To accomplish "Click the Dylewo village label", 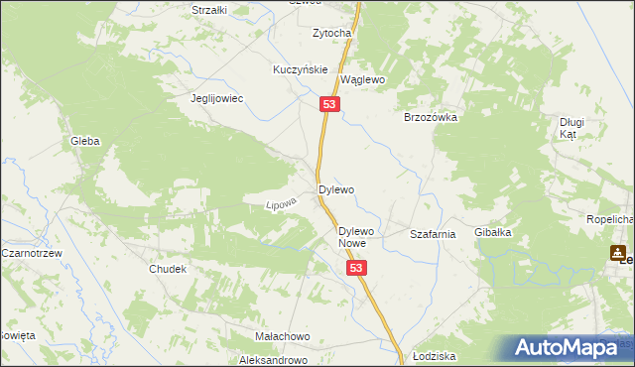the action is pyautogui.click(x=335, y=188).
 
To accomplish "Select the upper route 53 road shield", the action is pyautogui.click(x=329, y=104).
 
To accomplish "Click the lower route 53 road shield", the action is pyautogui.click(x=357, y=268).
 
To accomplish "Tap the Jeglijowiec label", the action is pyautogui.click(x=217, y=99).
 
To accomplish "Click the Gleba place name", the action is pyautogui.click(x=84, y=142).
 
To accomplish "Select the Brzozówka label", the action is pyautogui.click(x=430, y=117).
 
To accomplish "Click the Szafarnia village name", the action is pyautogui.click(x=433, y=234).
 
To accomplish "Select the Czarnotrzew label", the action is pyautogui.click(x=32, y=253).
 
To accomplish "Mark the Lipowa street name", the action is pyautogui.click(x=282, y=203).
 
